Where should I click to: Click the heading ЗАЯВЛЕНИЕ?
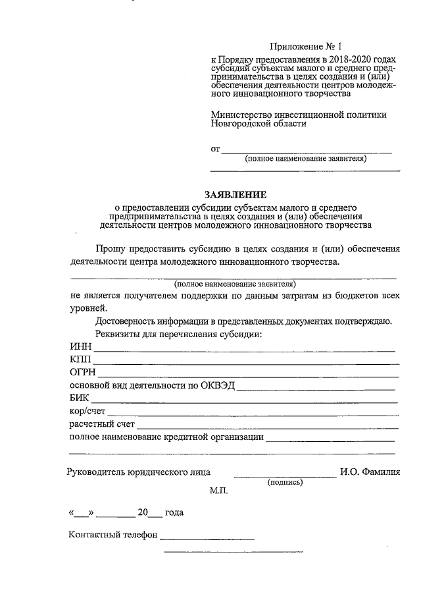click(235, 194)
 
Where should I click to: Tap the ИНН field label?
click(79, 347)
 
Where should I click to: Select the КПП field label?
click(80, 360)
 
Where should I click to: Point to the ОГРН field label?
click(82, 373)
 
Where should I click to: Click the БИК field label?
click(80, 398)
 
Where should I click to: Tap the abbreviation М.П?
click(218, 491)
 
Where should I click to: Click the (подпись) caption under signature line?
click(285, 482)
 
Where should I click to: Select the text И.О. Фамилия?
click(371, 472)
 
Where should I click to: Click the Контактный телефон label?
click(112, 535)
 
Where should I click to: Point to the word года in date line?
click(174, 512)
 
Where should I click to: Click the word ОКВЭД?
click(218, 385)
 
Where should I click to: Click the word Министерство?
click(241, 115)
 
